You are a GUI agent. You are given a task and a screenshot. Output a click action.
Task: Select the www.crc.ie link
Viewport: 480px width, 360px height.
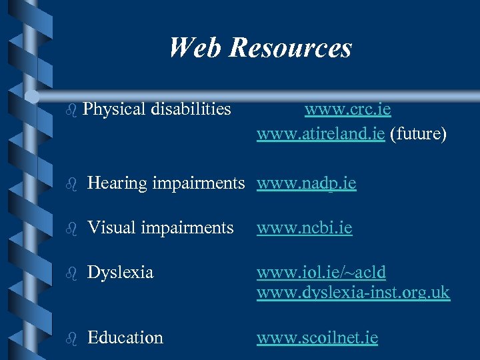[x=348, y=109]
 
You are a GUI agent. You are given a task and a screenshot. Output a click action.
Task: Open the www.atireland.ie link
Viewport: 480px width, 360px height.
[x=321, y=134]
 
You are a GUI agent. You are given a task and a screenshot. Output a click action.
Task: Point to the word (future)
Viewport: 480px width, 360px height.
[x=418, y=134]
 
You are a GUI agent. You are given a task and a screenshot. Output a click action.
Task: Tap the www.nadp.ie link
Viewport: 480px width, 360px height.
[x=307, y=183]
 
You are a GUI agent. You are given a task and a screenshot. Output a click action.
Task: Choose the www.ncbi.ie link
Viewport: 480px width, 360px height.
[x=305, y=228]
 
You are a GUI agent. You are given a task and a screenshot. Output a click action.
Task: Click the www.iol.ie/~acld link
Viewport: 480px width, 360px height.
[x=321, y=273]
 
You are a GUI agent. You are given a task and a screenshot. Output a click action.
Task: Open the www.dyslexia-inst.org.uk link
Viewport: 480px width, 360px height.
[x=353, y=292]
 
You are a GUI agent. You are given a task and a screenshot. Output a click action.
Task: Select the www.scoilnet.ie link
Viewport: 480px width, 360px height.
[x=317, y=338]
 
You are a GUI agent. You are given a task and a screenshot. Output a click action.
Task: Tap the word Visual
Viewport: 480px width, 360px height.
[x=110, y=228]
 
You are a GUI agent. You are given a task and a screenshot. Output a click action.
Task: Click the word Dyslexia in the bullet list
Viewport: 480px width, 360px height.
[x=120, y=273]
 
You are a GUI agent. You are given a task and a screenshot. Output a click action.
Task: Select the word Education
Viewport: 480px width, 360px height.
[x=125, y=338]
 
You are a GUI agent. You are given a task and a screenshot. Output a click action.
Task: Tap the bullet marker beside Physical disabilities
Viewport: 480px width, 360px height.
[x=73, y=109]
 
